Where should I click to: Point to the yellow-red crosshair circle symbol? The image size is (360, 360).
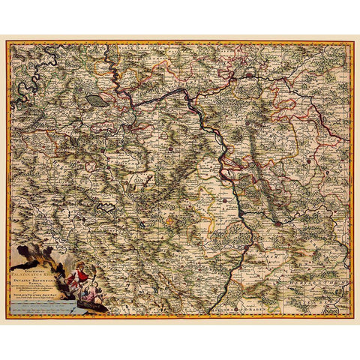[x=170, y=221]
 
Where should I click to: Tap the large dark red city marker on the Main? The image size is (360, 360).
[x=249, y=75]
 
